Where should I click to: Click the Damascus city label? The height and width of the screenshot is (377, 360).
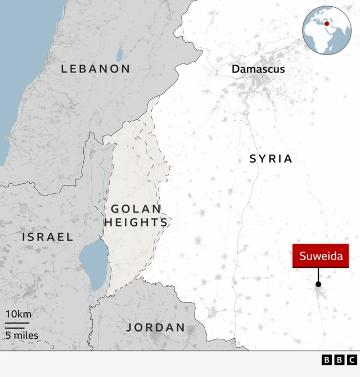pos(258,69)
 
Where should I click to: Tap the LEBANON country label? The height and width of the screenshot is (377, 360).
pos(96,69)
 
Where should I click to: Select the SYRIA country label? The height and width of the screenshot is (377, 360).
pos(271,159)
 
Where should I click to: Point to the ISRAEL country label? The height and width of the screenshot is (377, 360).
pos(48,237)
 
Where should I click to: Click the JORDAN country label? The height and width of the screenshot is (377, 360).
pos(156,327)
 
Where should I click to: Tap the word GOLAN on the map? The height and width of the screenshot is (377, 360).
pos(136,208)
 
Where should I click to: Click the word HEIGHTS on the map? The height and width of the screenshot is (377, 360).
pos(136,222)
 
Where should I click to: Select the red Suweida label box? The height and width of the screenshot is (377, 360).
pos(320,256)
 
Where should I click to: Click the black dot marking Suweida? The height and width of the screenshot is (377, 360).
pos(318,285)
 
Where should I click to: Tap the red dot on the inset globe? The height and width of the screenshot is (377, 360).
pos(327,24)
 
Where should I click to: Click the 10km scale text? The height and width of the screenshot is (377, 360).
pos(19,314)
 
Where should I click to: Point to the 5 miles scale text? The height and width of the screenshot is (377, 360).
pos(22,335)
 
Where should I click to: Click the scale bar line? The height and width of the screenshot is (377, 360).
pos(17,325)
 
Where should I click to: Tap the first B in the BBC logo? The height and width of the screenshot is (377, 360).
pos(327,360)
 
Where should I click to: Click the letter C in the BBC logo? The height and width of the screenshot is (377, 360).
pos(352,360)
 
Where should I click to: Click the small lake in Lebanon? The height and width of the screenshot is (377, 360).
pos(119,54)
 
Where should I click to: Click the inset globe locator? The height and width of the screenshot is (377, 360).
pos(327,29)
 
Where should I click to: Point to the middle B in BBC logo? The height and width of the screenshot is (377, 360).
pos(339,360)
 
